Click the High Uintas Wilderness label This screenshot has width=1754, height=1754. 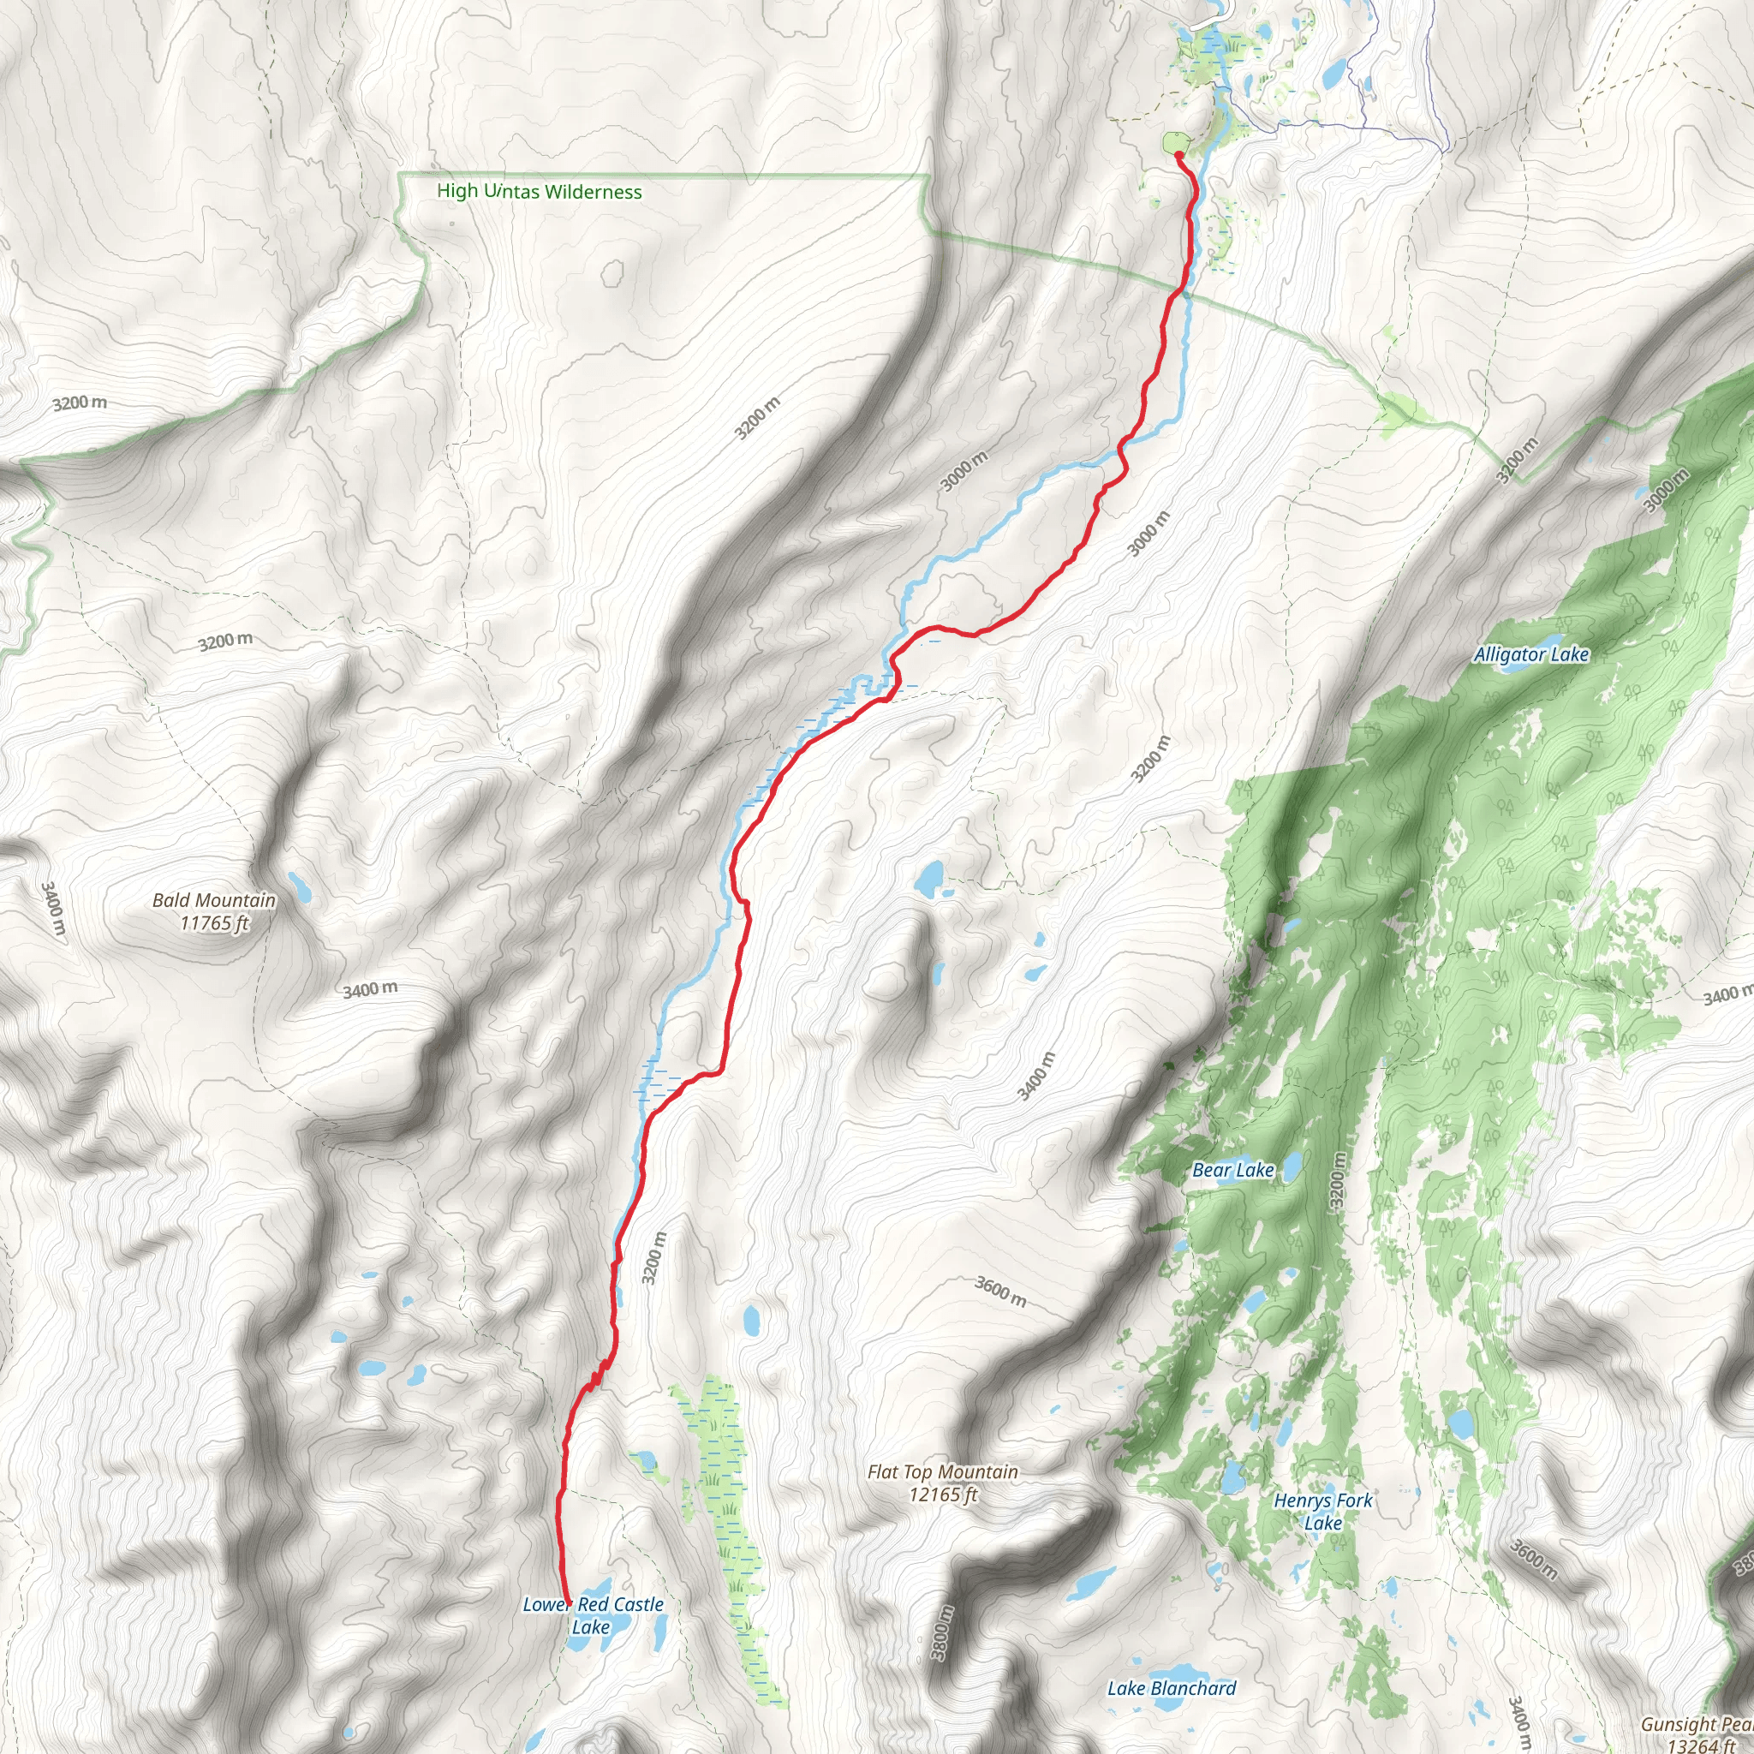(x=540, y=192)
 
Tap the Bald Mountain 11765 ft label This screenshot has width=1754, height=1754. (x=214, y=911)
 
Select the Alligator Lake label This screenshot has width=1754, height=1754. (x=1530, y=654)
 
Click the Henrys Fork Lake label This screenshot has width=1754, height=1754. (x=1322, y=1512)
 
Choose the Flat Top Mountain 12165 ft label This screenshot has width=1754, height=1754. (x=942, y=1483)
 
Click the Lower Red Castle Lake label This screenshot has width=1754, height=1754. (x=592, y=1615)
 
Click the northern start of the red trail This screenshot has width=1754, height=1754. (x=1178, y=155)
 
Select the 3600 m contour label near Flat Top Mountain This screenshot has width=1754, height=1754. (x=1000, y=1292)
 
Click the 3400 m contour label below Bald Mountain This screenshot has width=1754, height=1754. (x=369, y=989)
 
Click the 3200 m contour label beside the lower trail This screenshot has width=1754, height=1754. (x=653, y=1258)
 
